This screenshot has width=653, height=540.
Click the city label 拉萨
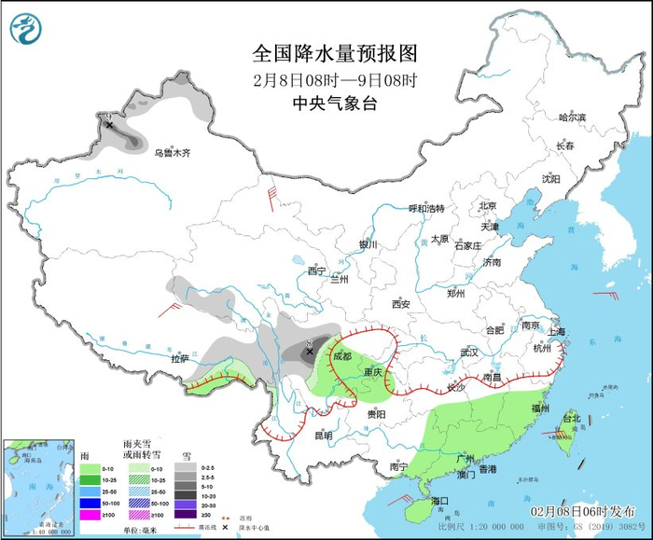tap(180, 358)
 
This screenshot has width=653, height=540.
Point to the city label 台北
tap(571, 419)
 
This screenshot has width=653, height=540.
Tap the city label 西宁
tap(317, 271)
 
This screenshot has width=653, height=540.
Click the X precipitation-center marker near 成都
tap(310, 352)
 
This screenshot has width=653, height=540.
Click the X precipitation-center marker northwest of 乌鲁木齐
tap(109, 123)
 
